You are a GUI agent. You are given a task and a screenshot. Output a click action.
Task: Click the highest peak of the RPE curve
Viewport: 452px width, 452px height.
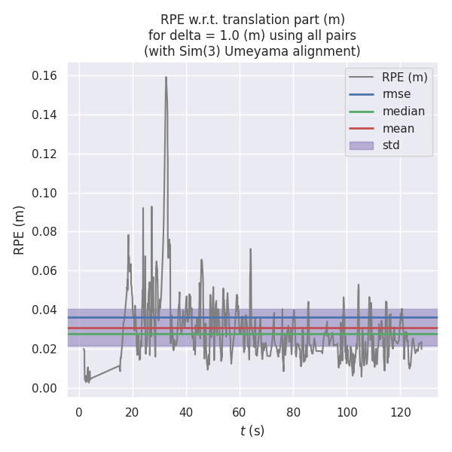(x=166, y=77)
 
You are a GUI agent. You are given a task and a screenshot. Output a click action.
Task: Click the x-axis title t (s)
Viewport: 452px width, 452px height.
(x=252, y=431)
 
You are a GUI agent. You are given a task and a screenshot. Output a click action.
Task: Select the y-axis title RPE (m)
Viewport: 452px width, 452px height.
(x=20, y=230)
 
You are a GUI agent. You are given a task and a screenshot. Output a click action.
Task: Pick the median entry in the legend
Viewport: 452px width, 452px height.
(x=403, y=111)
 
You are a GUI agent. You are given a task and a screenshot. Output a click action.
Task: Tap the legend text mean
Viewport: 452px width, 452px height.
(x=398, y=128)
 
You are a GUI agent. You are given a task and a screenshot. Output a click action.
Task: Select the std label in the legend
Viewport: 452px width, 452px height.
(x=391, y=145)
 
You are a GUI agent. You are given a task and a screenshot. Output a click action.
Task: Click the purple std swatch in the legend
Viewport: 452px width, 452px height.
(x=362, y=145)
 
